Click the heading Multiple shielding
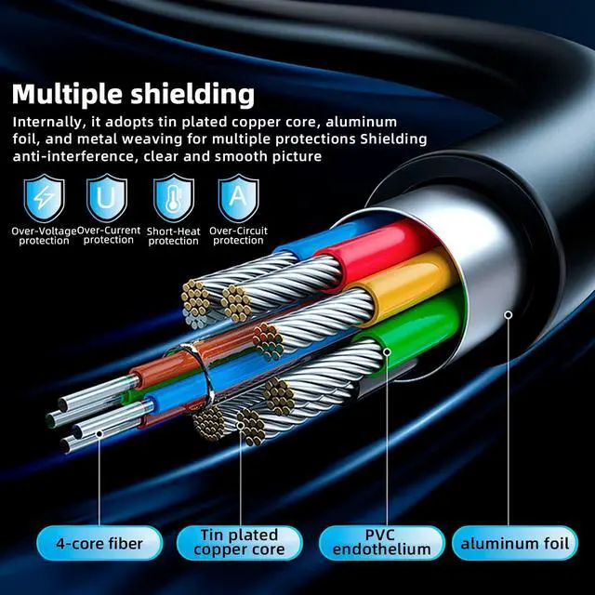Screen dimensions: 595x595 click(134, 93)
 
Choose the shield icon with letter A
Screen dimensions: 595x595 click(237, 198)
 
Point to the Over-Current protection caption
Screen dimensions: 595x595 click(109, 234)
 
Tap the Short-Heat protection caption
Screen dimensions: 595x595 click(174, 235)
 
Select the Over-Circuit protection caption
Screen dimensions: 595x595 click(239, 234)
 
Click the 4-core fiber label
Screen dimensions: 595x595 click(99, 543)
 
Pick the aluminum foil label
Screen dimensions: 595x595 click(514, 543)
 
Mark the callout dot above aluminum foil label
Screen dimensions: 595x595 click(509, 315)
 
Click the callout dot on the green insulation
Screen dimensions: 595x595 click(386, 353)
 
